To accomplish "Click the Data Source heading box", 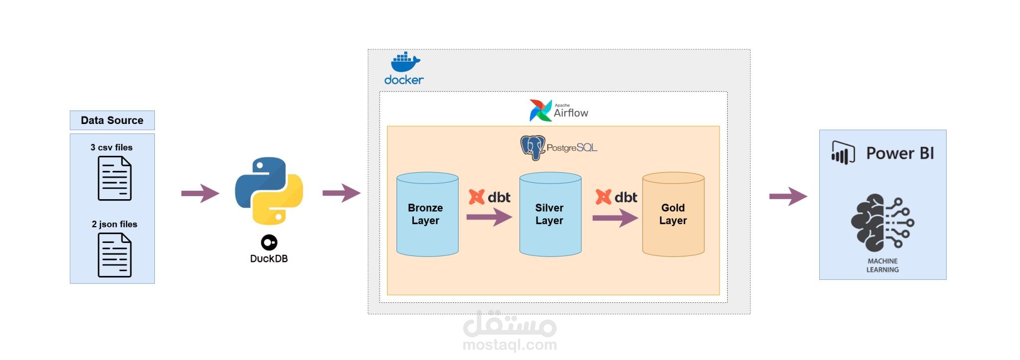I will click(112, 120).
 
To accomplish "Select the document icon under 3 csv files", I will click(115, 178).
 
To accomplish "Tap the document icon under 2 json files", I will click(115, 255).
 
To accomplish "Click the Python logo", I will click(269, 191).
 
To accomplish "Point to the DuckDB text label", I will click(269, 258).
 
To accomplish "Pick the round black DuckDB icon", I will click(269, 242).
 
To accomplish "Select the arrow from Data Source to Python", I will click(200, 193).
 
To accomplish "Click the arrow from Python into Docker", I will click(341, 193).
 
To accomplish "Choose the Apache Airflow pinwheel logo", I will click(540, 111).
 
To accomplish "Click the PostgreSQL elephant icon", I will click(532, 148).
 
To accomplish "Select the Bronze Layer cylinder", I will click(427, 214).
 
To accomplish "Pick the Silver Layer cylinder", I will click(550, 214).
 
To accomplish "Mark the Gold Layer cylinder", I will click(673, 214).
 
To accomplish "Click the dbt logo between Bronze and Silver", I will click(490, 197).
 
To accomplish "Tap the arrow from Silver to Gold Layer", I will click(615, 218).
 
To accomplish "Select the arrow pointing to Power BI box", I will click(788, 196).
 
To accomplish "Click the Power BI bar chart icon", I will click(843, 153).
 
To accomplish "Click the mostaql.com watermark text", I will click(510, 345).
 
